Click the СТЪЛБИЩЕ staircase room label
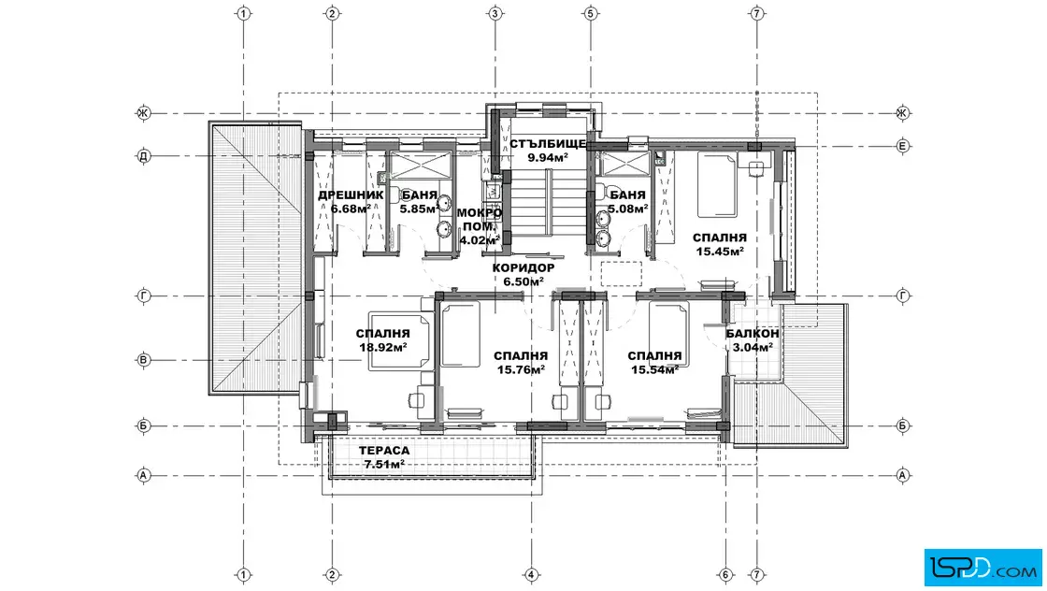point(548,144)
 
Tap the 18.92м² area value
point(383,347)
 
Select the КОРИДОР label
point(523,267)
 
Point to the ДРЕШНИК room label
point(351,195)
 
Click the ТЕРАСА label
point(384,451)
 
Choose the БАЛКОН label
point(753,333)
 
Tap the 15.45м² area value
point(720,252)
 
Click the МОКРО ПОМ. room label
point(480,220)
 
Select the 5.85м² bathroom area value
point(420,209)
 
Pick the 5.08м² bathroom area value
point(627,209)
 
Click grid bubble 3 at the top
point(495,13)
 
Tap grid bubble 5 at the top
point(590,13)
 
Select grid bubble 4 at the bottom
point(531,574)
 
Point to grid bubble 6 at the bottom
point(725,574)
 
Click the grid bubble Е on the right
point(903,146)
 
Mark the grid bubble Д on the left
point(144,156)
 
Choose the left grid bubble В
point(144,360)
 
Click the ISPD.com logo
point(982,568)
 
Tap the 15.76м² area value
point(521,370)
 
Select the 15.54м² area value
point(655,370)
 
